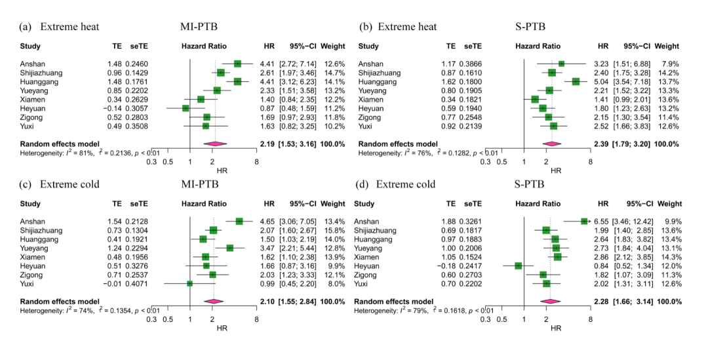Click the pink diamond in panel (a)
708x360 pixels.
coord(214,143)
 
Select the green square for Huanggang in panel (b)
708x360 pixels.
coord(576,81)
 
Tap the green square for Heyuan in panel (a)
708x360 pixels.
coord(186,108)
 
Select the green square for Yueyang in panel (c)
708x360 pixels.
coord(229,248)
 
